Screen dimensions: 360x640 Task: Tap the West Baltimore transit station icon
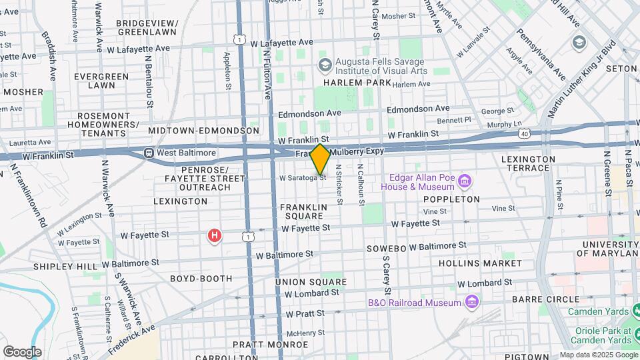pyautogui.click(x=150, y=153)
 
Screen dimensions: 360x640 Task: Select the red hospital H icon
pyautogui.click(x=214, y=236)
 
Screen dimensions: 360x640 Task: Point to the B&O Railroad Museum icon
pyautogui.click(x=472, y=302)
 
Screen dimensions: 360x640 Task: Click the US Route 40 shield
pyautogui.click(x=525, y=134)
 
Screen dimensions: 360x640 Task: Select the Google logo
pyautogui.click(x=22, y=351)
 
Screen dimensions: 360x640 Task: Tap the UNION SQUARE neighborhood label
pyautogui.click(x=311, y=282)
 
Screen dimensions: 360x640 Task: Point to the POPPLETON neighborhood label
pyautogui.click(x=451, y=199)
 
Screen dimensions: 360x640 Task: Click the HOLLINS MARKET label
pyautogui.click(x=480, y=263)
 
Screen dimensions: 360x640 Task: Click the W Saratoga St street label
pyautogui.click(x=303, y=178)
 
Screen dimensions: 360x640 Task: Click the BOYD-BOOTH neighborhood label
pyautogui.click(x=201, y=278)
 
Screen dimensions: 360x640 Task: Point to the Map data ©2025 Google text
pyautogui.click(x=597, y=355)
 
